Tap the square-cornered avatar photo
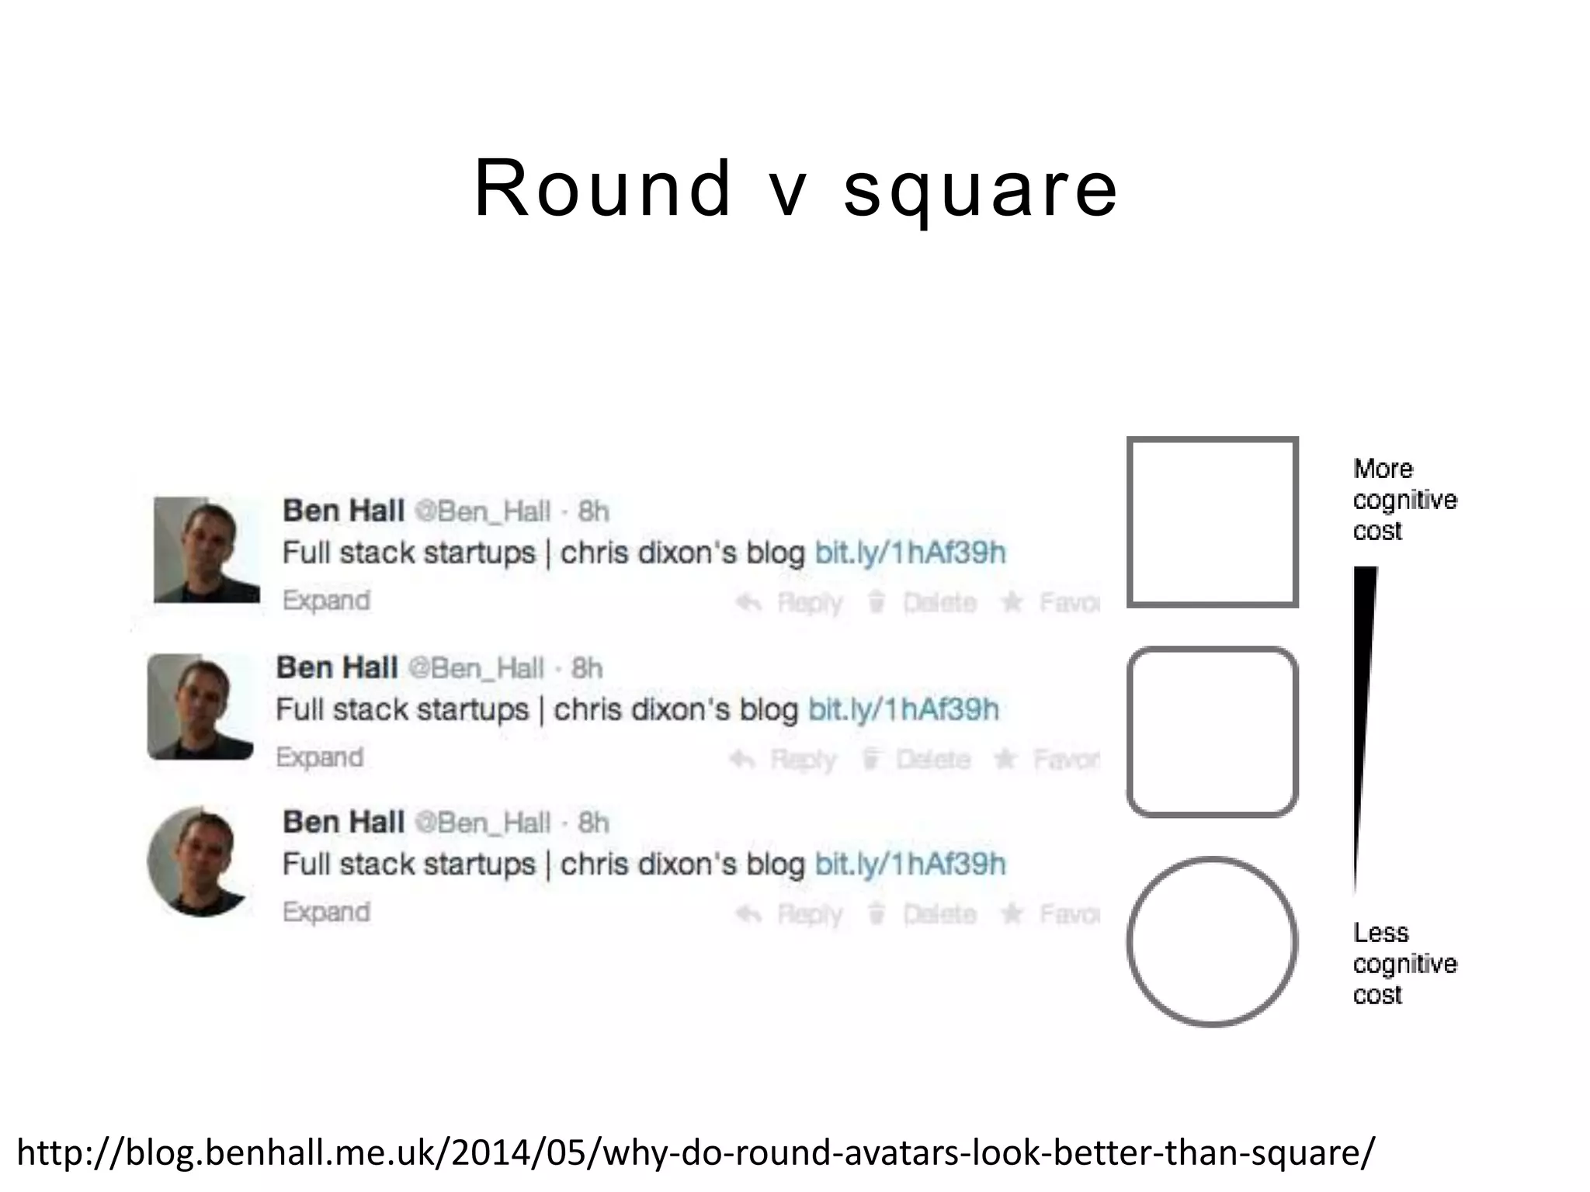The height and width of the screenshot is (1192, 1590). point(207,550)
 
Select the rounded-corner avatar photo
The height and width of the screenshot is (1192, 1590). point(200,706)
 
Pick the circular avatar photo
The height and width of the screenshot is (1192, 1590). point(200,861)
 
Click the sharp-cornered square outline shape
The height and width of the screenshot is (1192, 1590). point(1212,521)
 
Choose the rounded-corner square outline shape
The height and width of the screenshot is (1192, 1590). point(1212,732)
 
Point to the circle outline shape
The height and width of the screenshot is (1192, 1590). point(1212,941)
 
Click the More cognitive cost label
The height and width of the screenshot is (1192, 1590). point(1404,500)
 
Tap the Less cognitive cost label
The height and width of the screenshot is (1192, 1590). point(1404,963)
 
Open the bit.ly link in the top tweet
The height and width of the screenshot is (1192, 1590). point(910,553)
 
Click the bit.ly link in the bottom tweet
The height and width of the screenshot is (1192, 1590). point(910,864)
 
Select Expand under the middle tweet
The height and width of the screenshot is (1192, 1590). point(320,757)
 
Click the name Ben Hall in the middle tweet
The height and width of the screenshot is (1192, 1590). point(337,667)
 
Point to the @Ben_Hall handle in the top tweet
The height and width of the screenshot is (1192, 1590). point(482,511)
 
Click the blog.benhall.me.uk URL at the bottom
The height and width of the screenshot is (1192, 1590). point(695,1152)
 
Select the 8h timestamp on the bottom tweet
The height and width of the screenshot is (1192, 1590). point(593,823)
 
